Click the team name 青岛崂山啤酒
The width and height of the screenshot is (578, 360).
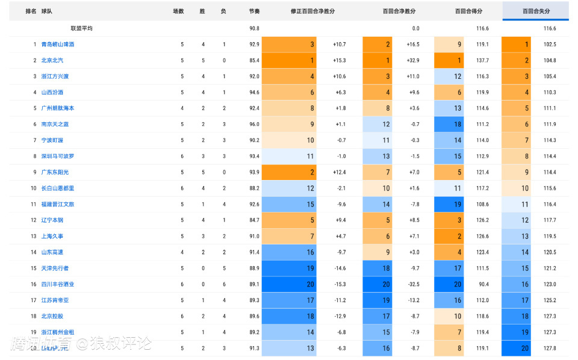click(x=58, y=45)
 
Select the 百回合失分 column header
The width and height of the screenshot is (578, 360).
click(x=536, y=11)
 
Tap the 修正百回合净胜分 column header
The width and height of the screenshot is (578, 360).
click(x=312, y=11)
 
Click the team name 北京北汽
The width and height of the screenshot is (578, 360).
click(x=52, y=60)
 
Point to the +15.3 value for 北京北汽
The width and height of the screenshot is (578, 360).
click(x=340, y=60)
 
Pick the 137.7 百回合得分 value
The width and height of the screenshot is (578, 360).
click(x=482, y=60)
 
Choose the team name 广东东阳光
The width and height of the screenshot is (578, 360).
click(x=55, y=172)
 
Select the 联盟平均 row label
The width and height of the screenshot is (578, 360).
click(x=81, y=28)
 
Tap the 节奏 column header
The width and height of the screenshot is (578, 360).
click(x=254, y=11)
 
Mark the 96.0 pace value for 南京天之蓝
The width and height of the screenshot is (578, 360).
click(x=254, y=124)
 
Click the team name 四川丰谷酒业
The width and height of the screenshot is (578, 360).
click(x=58, y=284)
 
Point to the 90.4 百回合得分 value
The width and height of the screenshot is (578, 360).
click(x=483, y=284)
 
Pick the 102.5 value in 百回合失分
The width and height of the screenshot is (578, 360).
click(x=549, y=45)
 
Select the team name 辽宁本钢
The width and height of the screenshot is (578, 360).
click(x=52, y=220)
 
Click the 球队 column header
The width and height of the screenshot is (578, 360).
click(x=46, y=11)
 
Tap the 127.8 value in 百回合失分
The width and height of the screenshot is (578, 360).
click(x=549, y=348)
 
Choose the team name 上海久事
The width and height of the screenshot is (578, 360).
click(x=52, y=236)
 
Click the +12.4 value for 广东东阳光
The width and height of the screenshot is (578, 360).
click(x=340, y=172)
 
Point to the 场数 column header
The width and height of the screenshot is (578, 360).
click(x=178, y=11)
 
